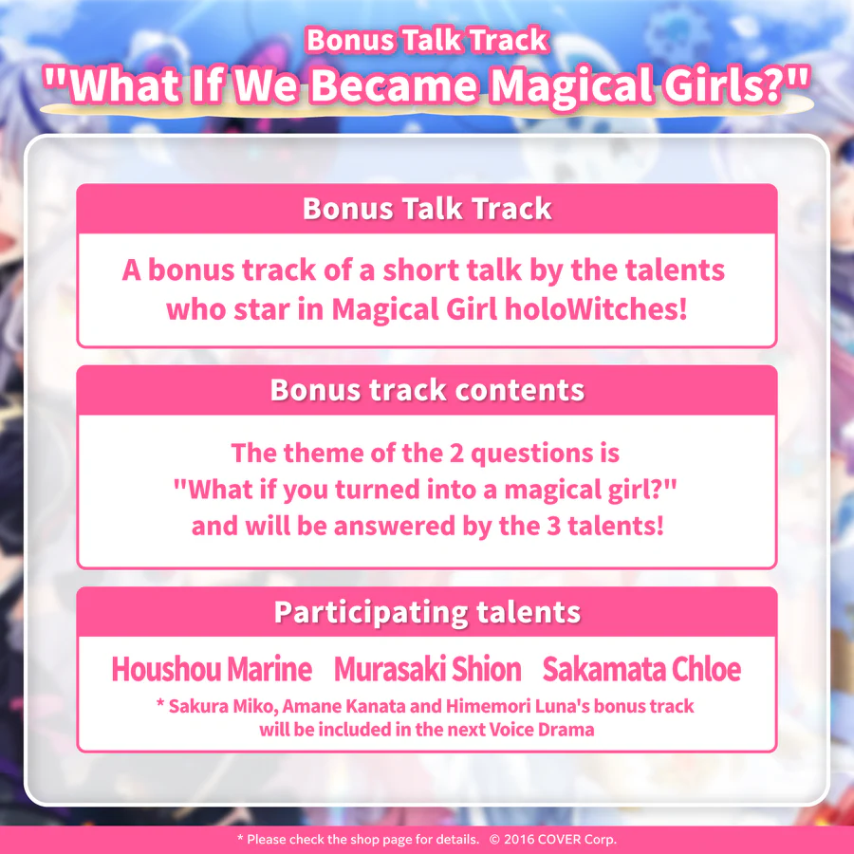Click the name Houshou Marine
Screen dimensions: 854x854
(212, 669)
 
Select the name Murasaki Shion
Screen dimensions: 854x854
(427, 669)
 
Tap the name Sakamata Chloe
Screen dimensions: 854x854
(641, 669)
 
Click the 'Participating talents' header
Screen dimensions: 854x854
(427, 612)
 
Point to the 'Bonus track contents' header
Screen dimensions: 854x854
(427, 390)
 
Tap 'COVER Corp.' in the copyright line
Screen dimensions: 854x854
(580, 840)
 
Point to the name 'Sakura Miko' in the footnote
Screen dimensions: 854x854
(213, 707)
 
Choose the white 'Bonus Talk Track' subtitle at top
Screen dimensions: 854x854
(427, 40)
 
